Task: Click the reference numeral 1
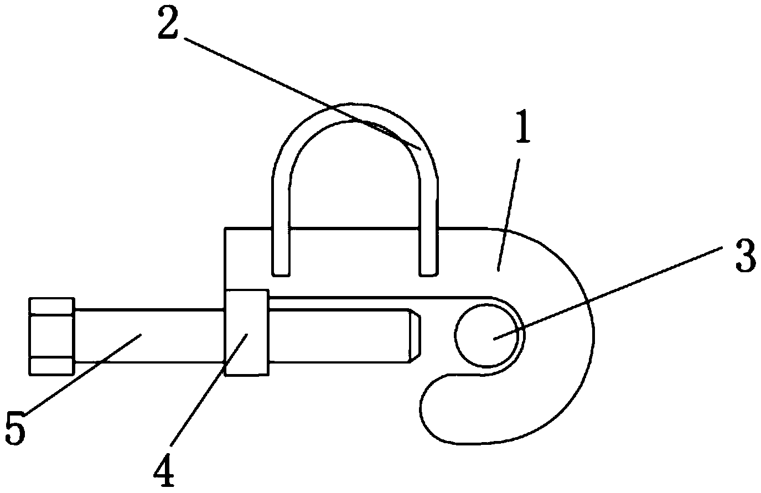coord(524,126)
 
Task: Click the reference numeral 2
coord(168,22)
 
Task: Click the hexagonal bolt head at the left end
coord(51,336)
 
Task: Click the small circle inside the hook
coord(487,335)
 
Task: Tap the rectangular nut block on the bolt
coord(247,333)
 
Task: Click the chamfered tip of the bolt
coord(415,335)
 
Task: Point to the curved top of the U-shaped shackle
coord(355,112)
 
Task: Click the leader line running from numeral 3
coord(608,293)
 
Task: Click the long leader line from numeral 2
coord(303,94)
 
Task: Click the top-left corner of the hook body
coord(225,229)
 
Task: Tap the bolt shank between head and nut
coord(149,336)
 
